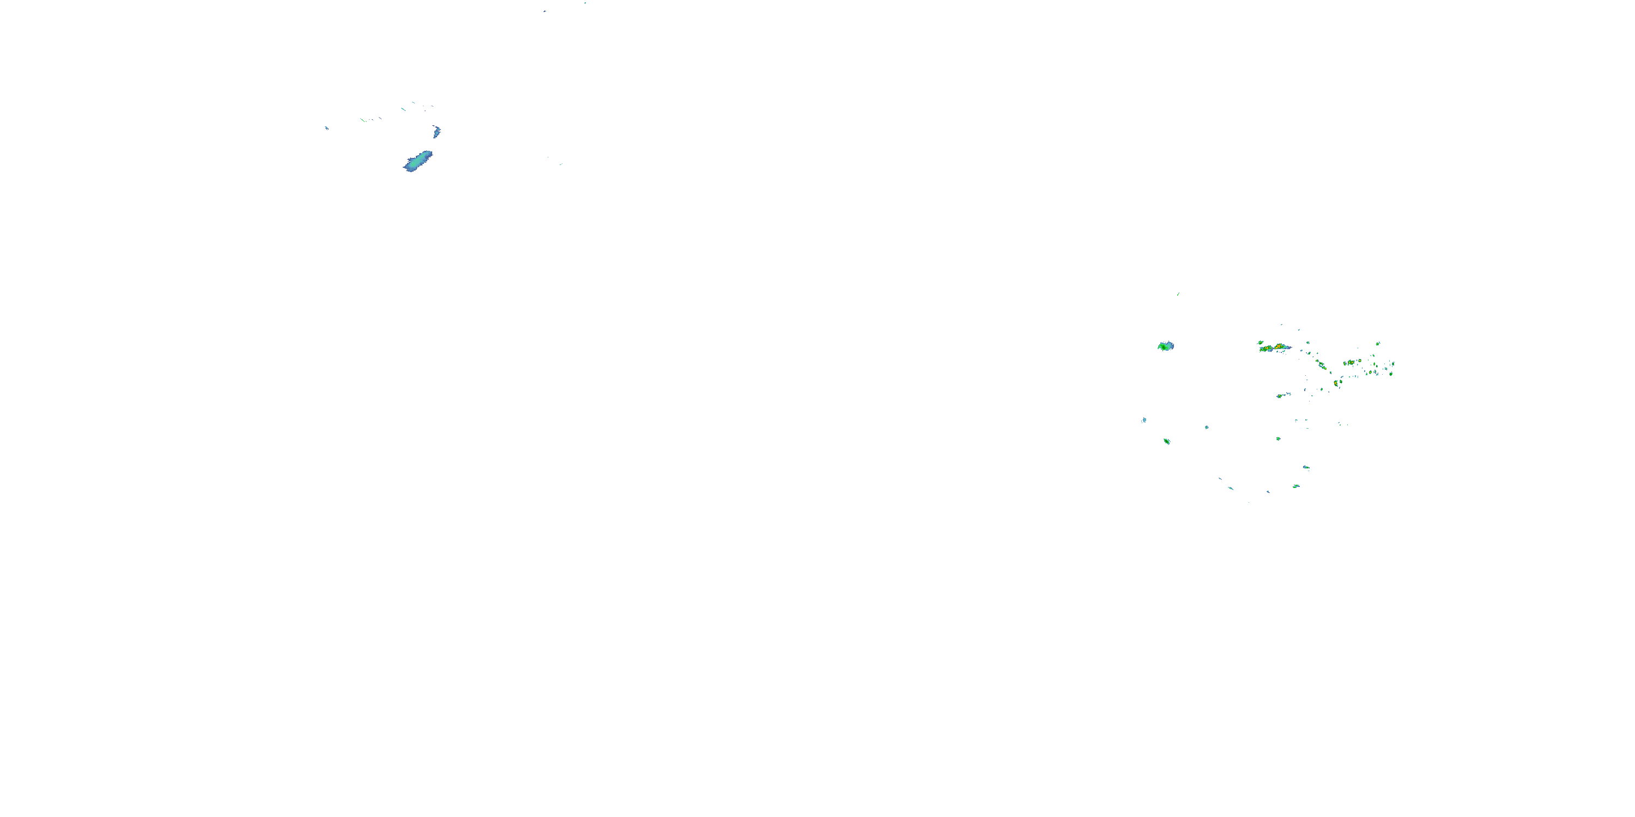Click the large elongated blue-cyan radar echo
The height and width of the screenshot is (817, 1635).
point(417,161)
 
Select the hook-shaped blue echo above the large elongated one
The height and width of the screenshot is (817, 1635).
point(437,132)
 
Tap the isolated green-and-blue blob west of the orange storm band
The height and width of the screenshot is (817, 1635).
point(1165,346)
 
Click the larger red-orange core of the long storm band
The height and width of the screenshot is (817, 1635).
point(1280,347)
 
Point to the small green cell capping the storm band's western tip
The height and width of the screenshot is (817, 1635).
point(1261,343)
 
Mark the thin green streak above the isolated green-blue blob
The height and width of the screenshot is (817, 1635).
point(1178,294)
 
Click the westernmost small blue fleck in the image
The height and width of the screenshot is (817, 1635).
point(327,128)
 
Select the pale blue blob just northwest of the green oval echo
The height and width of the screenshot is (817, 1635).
point(1144,420)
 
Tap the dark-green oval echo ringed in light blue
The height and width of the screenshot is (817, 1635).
point(1167,441)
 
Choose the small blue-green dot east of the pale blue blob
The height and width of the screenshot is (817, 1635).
point(1207,428)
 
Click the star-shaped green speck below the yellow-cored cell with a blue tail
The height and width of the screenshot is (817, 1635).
point(1278,438)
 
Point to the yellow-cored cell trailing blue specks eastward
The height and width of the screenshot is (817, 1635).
point(1282,396)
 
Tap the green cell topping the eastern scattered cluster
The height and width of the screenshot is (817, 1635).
point(1378,344)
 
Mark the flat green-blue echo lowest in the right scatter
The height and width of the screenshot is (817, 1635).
point(1296,486)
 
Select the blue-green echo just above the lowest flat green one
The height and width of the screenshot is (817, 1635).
point(1306,467)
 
